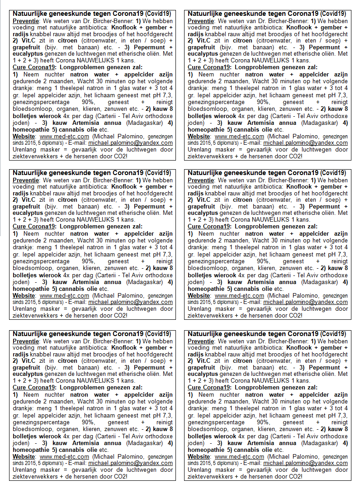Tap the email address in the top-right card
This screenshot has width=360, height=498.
pyautogui.click(x=305, y=143)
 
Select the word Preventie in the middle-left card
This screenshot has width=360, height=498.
pyautogui.click(x=25, y=180)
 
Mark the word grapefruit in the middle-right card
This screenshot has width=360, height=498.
pyautogui.click(x=202, y=207)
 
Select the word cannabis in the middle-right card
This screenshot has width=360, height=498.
pyautogui.click(x=247, y=289)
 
